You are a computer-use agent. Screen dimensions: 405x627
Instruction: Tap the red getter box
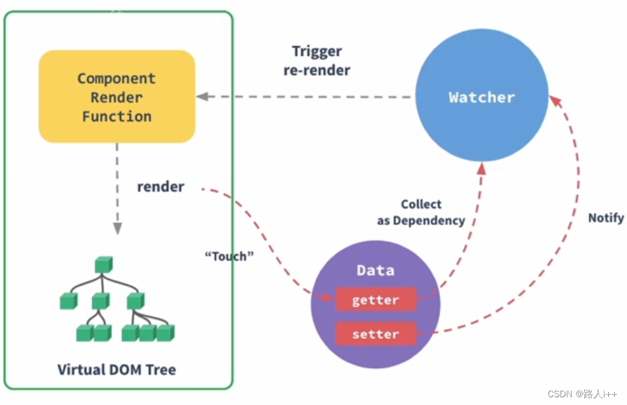375,300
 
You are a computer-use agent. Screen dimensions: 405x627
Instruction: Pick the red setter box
375,334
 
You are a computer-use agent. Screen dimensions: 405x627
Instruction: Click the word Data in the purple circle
375,270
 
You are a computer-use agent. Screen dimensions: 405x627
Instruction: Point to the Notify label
606,218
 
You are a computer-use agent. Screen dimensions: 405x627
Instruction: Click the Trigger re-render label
317,61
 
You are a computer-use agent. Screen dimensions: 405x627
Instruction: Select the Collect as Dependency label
421,213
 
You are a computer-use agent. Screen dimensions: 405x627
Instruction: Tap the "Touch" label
229,256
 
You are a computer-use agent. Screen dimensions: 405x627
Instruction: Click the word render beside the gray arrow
160,187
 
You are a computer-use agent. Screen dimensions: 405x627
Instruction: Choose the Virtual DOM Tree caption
117,370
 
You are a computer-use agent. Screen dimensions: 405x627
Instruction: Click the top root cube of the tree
103,264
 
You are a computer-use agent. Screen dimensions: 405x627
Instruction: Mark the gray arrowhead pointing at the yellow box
202,97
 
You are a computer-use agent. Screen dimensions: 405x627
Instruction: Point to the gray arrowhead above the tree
117,228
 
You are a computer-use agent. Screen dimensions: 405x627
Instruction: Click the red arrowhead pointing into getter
328,298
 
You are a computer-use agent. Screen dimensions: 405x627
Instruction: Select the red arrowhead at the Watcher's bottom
481,168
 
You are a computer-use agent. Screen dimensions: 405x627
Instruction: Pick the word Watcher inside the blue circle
482,97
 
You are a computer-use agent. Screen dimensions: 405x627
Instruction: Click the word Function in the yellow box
117,117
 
